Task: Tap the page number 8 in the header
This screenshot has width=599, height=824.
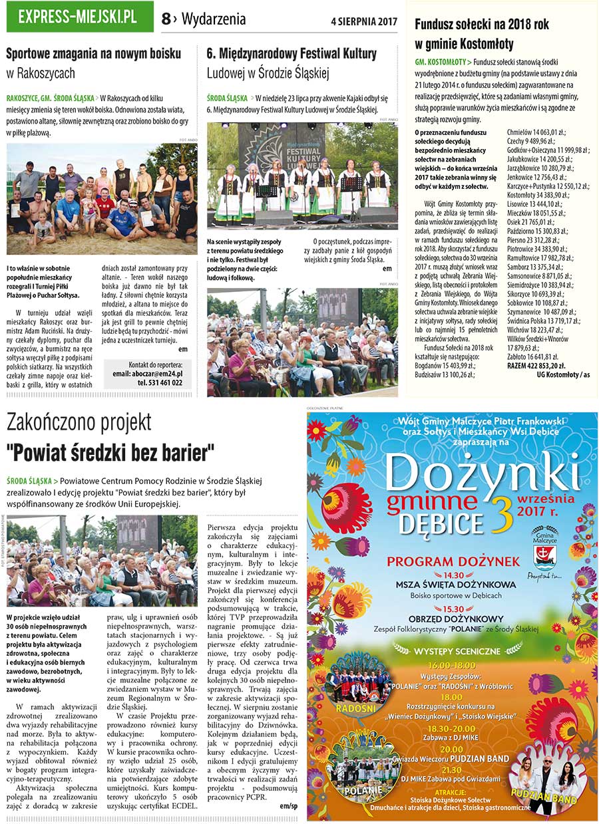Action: [x=166, y=19]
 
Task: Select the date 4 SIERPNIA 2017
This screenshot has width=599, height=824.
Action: [x=363, y=20]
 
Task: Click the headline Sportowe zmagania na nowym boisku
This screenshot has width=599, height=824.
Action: [x=93, y=54]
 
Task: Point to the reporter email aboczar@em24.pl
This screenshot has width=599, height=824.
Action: [x=147, y=374]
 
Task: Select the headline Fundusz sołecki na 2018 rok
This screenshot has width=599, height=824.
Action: [x=482, y=25]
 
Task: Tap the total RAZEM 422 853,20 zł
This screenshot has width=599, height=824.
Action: [x=536, y=365]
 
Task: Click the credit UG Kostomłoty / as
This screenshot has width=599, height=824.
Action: [x=563, y=374]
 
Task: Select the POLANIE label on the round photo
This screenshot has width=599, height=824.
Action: [x=363, y=790]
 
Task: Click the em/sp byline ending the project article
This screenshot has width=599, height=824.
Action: [x=289, y=805]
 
